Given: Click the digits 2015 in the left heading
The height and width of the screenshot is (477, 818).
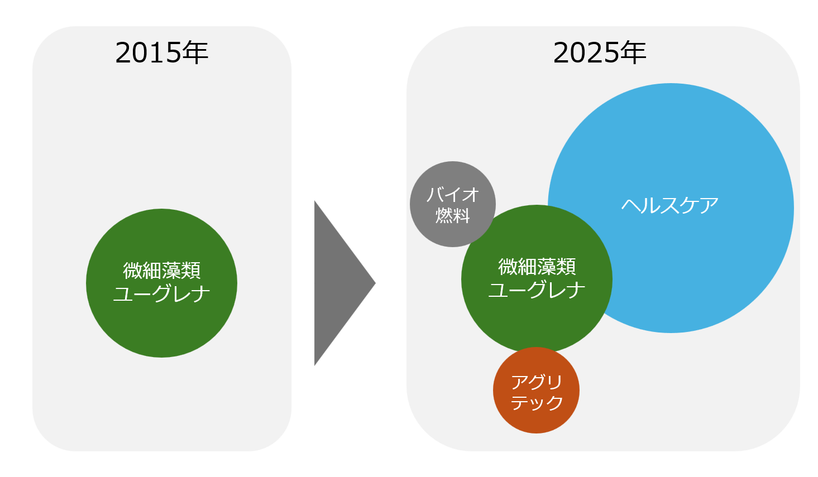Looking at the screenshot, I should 148,54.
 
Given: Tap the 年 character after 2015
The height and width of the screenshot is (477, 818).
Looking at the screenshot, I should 195,52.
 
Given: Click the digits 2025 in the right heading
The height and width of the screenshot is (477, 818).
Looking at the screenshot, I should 586,54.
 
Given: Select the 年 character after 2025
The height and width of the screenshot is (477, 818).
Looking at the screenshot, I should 633,52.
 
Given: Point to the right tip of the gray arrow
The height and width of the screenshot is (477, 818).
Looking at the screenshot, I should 374,283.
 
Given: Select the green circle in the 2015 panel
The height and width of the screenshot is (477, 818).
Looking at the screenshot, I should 162,324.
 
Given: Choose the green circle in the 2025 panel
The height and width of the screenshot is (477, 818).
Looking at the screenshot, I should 536,324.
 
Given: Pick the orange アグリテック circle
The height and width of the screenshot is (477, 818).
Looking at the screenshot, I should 536,418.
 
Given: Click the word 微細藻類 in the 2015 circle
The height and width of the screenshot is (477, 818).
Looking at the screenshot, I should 162,271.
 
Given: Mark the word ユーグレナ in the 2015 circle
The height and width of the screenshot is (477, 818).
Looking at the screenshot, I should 162,293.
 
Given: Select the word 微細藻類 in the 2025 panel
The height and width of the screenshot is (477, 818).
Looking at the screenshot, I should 537,267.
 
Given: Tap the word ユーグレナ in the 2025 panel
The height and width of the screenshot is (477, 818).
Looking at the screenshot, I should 537,290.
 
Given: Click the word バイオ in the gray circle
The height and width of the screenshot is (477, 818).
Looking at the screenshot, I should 453,195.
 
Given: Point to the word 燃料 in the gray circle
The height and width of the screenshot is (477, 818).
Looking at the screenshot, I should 453,215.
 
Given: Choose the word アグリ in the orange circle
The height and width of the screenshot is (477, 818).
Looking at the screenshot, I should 537,382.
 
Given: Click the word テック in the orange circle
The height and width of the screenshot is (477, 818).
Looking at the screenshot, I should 537,403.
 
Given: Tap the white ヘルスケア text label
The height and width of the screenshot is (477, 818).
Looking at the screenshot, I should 670,205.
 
